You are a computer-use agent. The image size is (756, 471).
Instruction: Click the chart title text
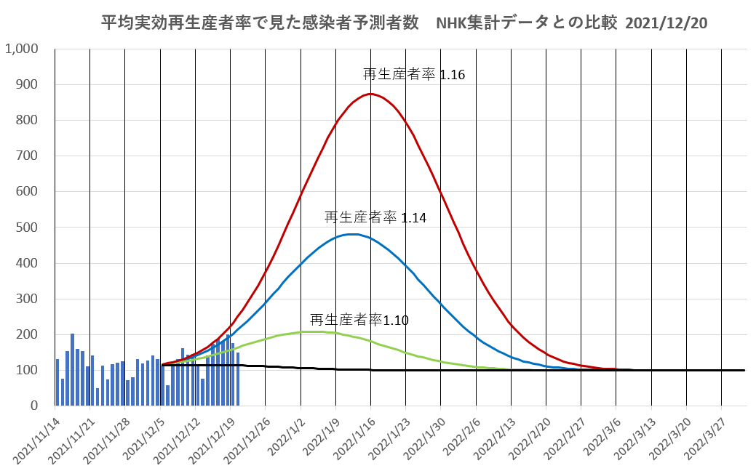coord(404,23)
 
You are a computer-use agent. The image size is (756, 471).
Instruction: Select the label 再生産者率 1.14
coord(375,217)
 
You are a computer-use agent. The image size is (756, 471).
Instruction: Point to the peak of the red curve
coord(370,94)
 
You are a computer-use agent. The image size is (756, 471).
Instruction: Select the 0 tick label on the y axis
coord(33,405)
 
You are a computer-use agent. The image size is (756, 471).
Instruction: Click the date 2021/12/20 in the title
coord(666,23)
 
